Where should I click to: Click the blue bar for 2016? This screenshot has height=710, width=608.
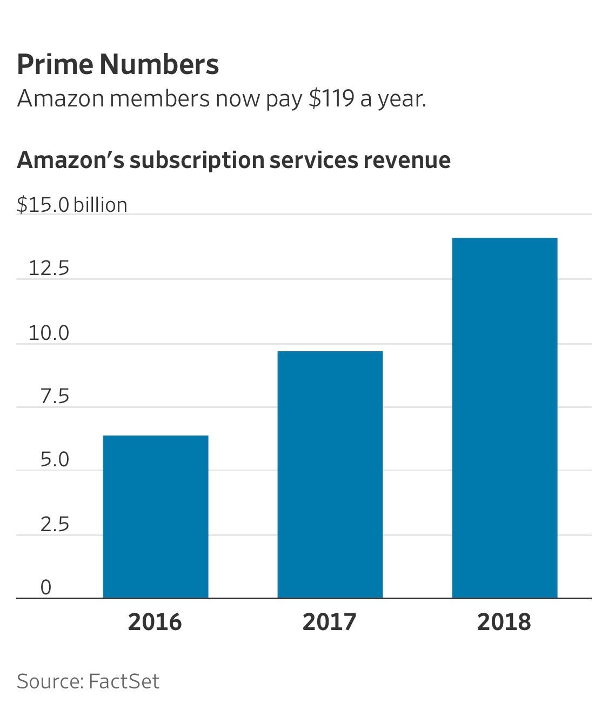(156, 516)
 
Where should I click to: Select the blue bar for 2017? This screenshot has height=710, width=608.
(330, 474)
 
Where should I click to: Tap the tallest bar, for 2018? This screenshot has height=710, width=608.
(505, 417)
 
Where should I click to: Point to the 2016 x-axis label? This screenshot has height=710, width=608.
(155, 622)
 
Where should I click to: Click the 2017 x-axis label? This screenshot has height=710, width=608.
(330, 622)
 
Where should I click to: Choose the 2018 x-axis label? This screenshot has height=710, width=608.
(504, 622)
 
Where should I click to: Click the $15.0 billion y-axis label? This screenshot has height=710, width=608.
(72, 205)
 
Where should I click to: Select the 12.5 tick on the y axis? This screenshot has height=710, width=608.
(49, 268)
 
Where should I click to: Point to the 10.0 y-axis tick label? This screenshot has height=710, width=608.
(49, 333)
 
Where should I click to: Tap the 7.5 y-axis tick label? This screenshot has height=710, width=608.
(55, 397)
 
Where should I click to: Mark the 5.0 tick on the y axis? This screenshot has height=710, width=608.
(55, 460)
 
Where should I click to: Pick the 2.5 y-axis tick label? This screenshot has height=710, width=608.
(55, 524)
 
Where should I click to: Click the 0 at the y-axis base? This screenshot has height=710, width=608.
(46, 587)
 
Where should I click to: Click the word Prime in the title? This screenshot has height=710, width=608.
(54, 64)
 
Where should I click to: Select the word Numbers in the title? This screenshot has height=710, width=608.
(159, 64)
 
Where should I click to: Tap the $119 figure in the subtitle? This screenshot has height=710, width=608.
(331, 99)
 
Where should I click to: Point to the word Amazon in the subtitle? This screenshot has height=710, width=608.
(60, 99)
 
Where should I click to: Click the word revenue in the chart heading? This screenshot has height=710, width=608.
(406, 160)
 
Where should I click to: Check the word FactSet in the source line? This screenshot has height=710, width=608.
(124, 681)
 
